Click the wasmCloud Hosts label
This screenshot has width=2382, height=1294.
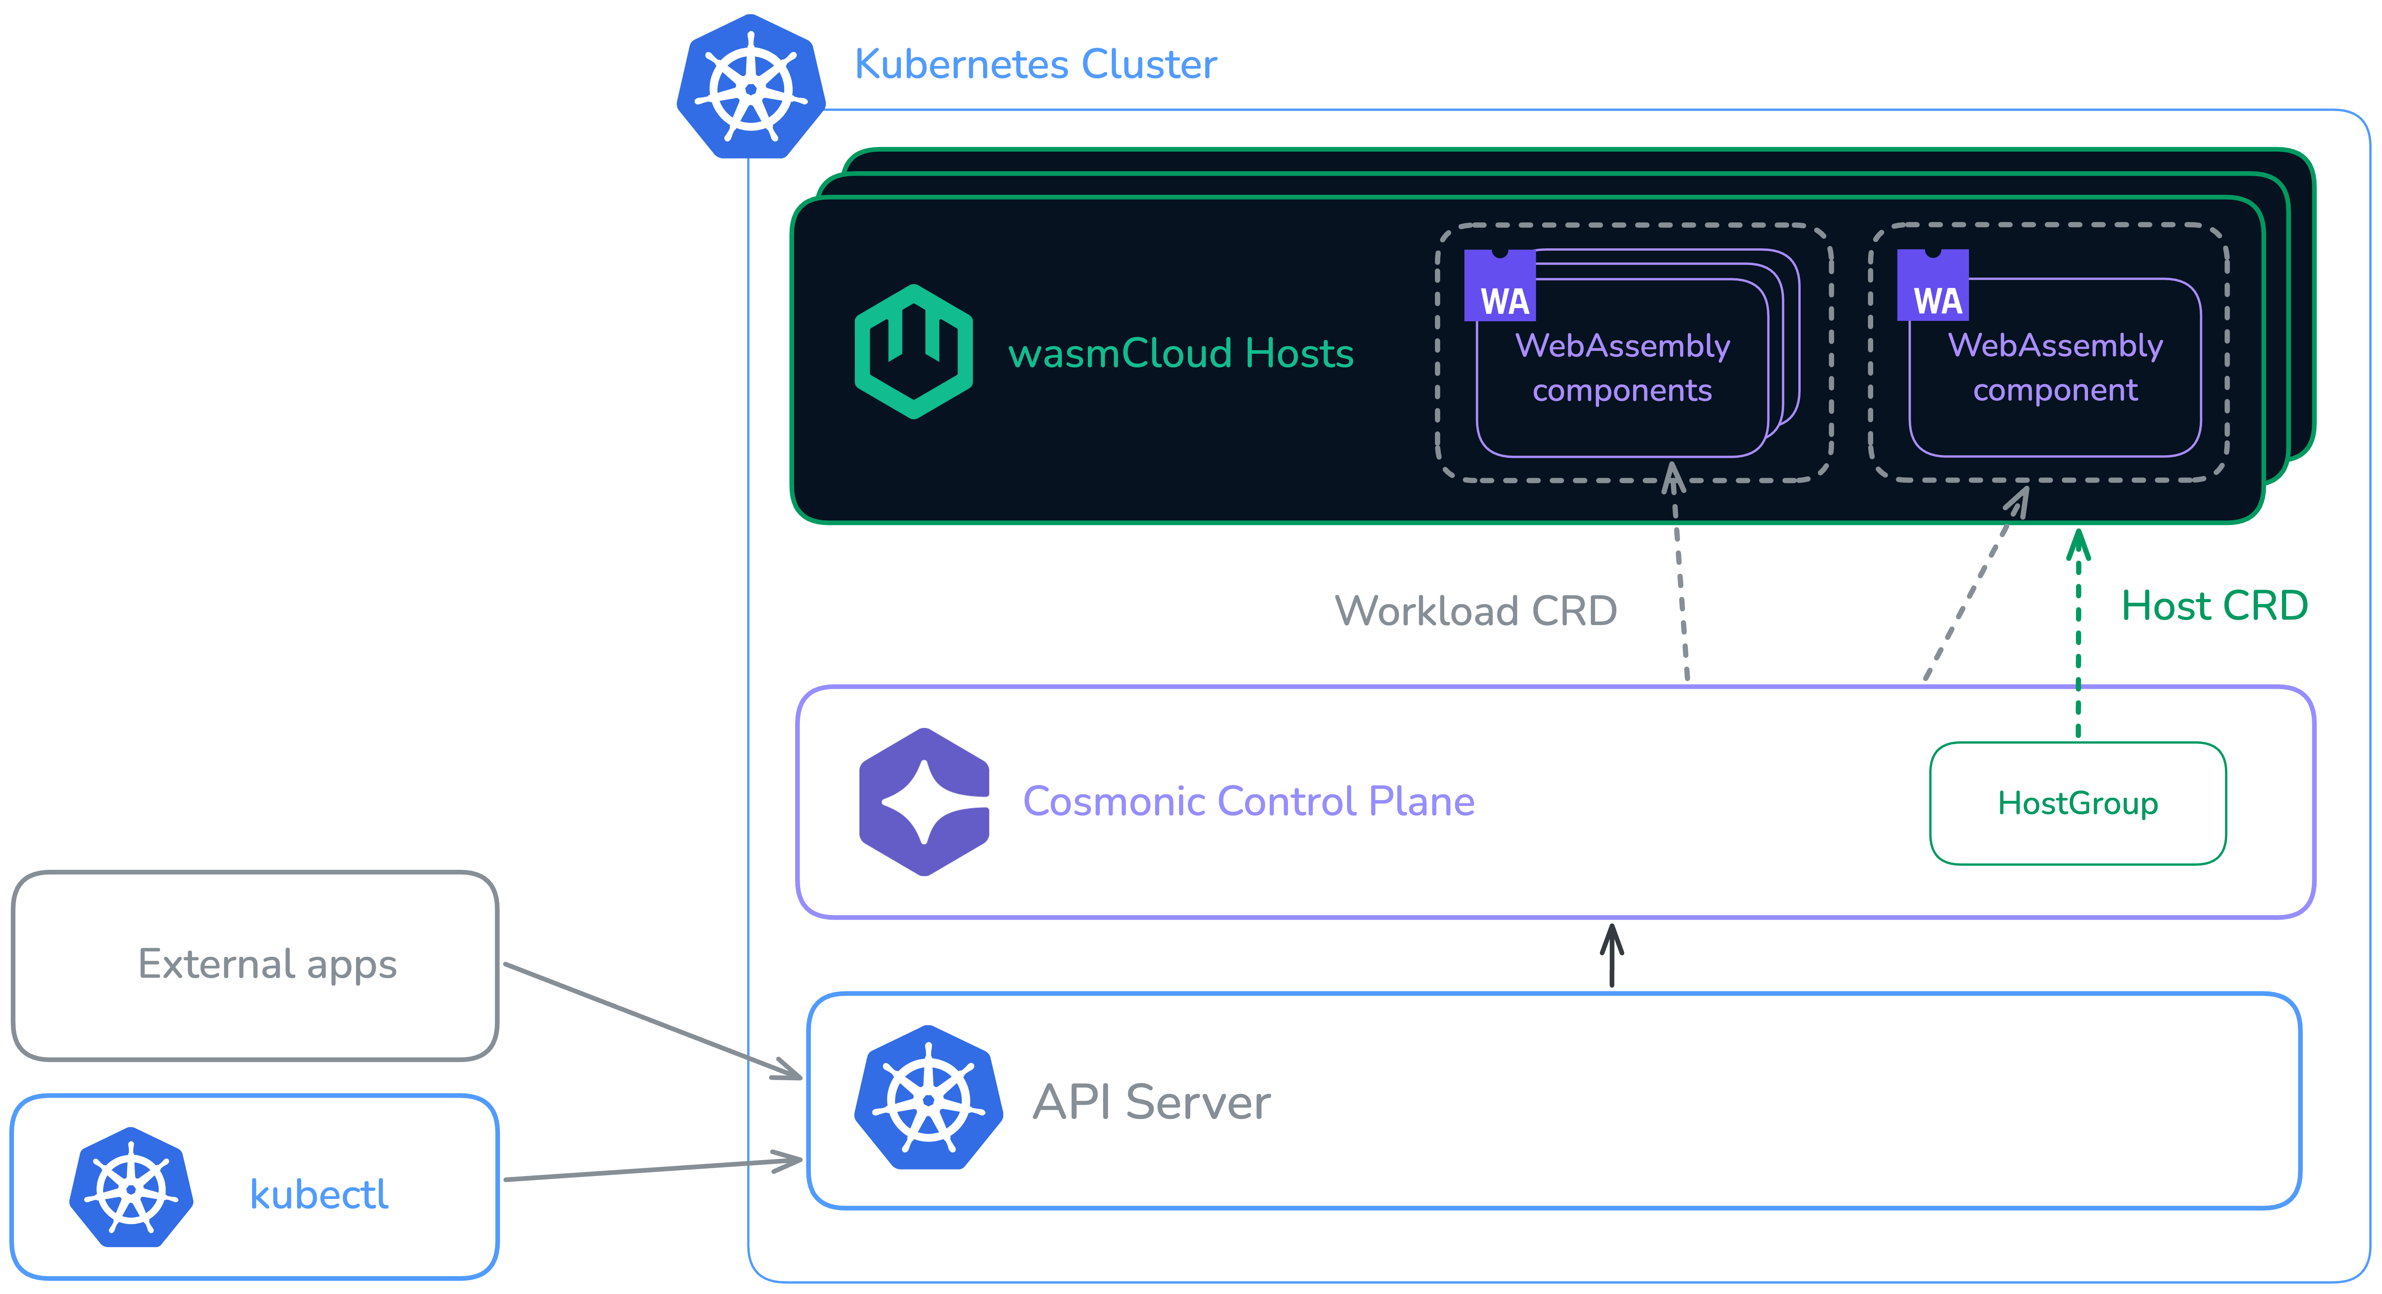(x=1181, y=353)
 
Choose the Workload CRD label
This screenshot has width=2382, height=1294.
(x=1476, y=610)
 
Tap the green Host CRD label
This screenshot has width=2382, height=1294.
(x=2214, y=606)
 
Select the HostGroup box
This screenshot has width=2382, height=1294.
(x=2078, y=803)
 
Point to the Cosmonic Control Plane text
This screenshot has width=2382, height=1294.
(x=1248, y=801)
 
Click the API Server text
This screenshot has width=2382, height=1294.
(x=1151, y=1102)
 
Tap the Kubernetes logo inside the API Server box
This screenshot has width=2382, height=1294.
(x=928, y=1098)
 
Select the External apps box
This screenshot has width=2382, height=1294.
(x=255, y=965)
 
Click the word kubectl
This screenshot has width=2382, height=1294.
(x=319, y=1194)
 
